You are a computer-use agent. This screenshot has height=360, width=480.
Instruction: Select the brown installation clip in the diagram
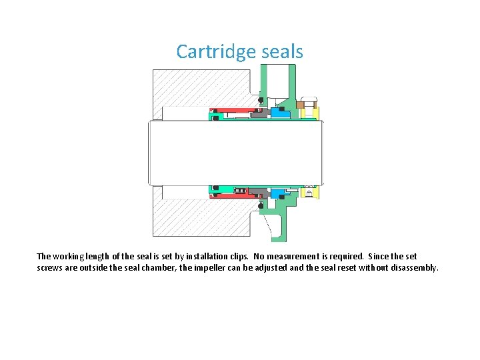click(x=301, y=104)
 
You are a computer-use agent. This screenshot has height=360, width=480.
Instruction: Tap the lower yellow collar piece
click(x=309, y=193)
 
